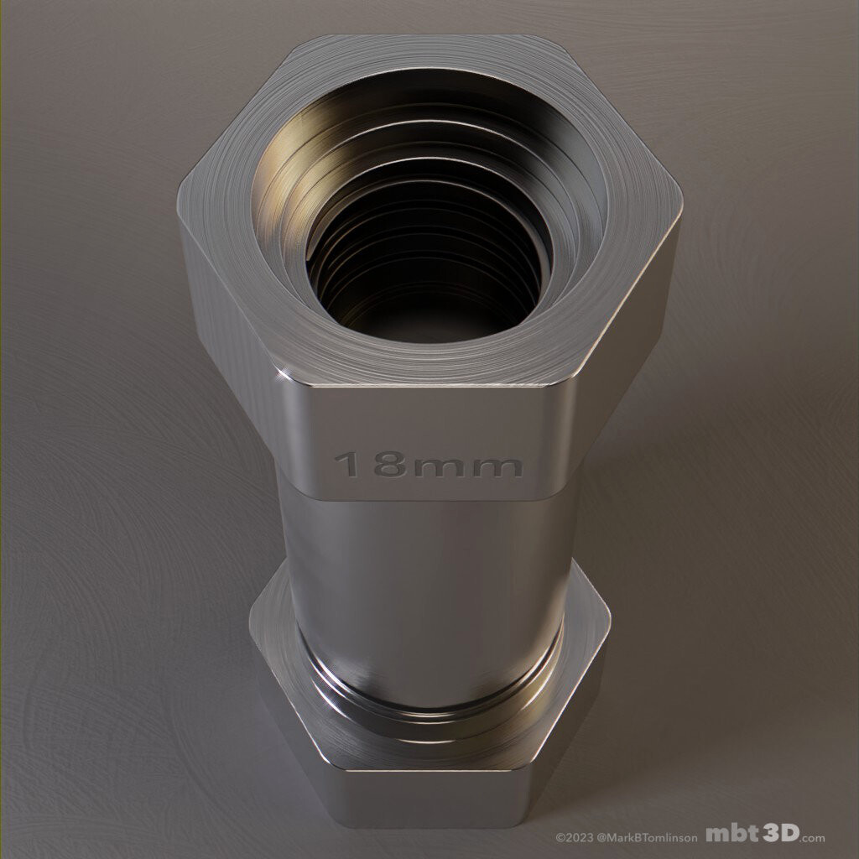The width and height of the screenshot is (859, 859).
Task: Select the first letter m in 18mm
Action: (x=442, y=466)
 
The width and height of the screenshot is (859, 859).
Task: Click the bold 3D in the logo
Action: (x=781, y=834)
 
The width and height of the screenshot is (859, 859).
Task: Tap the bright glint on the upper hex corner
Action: (x=288, y=372)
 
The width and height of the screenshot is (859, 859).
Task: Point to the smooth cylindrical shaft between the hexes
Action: (x=428, y=570)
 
